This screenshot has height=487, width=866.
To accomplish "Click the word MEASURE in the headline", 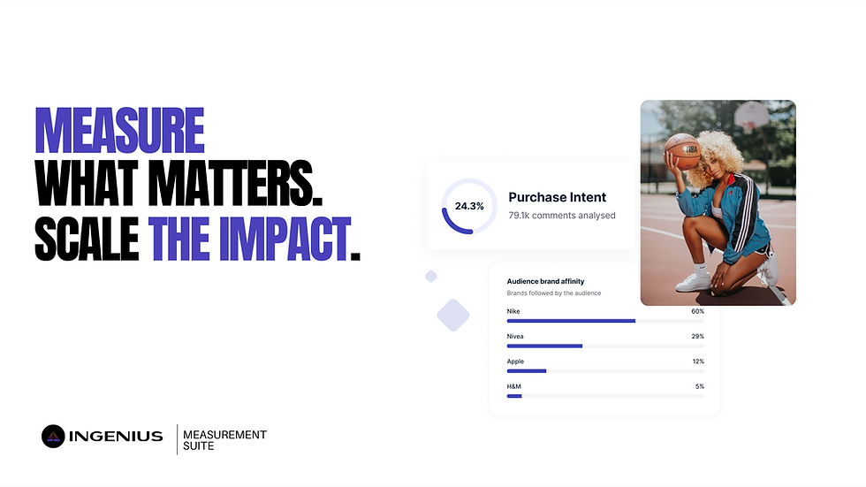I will tap(119, 130).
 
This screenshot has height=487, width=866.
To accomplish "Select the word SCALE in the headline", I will tap(87, 239).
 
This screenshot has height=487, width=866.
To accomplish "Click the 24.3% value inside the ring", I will tap(469, 206).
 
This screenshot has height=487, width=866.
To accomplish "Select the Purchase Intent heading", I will tap(558, 197).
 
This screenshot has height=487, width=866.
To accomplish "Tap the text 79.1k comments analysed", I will tap(562, 216).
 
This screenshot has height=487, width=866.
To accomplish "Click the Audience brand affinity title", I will tap(545, 281).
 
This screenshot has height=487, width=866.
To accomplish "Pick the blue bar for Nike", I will tap(571, 321).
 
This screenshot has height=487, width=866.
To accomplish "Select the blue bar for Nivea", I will tap(544, 346).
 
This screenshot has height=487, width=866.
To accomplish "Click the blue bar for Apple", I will tap(527, 371).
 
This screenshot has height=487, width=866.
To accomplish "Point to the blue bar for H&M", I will tap(514, 396).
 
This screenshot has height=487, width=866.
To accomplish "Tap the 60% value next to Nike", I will tap(697, 311).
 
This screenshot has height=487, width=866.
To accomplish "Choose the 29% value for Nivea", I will tap(697, 337).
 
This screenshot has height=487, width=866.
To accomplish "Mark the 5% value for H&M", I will tap(699, 386).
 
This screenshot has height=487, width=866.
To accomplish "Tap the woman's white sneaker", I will tap(693, 280).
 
